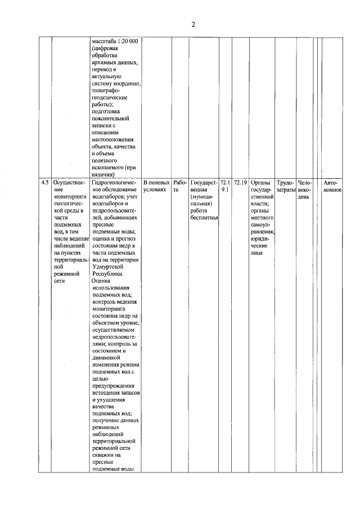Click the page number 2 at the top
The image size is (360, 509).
(x=192, y=24)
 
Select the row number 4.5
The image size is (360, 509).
(x=44, y=183)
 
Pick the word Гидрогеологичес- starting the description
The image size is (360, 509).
(x=114, y=183)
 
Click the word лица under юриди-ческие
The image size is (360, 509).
(x=257, y=253)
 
